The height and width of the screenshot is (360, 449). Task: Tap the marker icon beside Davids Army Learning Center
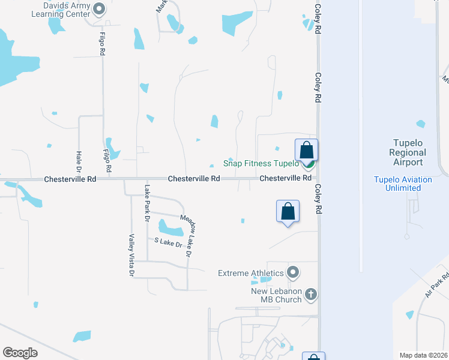point(100,9)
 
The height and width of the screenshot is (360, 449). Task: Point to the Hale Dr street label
point(79,161)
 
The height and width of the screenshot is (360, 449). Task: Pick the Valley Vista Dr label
point(131,255)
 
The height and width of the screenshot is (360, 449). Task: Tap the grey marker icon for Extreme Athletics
point(294,273)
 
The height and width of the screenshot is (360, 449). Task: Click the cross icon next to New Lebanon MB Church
point(310,294)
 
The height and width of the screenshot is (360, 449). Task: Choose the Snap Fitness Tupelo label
point(261,163)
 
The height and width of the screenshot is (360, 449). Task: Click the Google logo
point(20,353)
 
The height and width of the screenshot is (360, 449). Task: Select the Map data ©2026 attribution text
point(423,355)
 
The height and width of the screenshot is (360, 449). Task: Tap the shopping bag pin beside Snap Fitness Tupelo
point(306,150)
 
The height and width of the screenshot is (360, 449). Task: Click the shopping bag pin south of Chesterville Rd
point(288,212)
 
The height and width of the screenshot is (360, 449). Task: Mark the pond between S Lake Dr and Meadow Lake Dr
point(170,229)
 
